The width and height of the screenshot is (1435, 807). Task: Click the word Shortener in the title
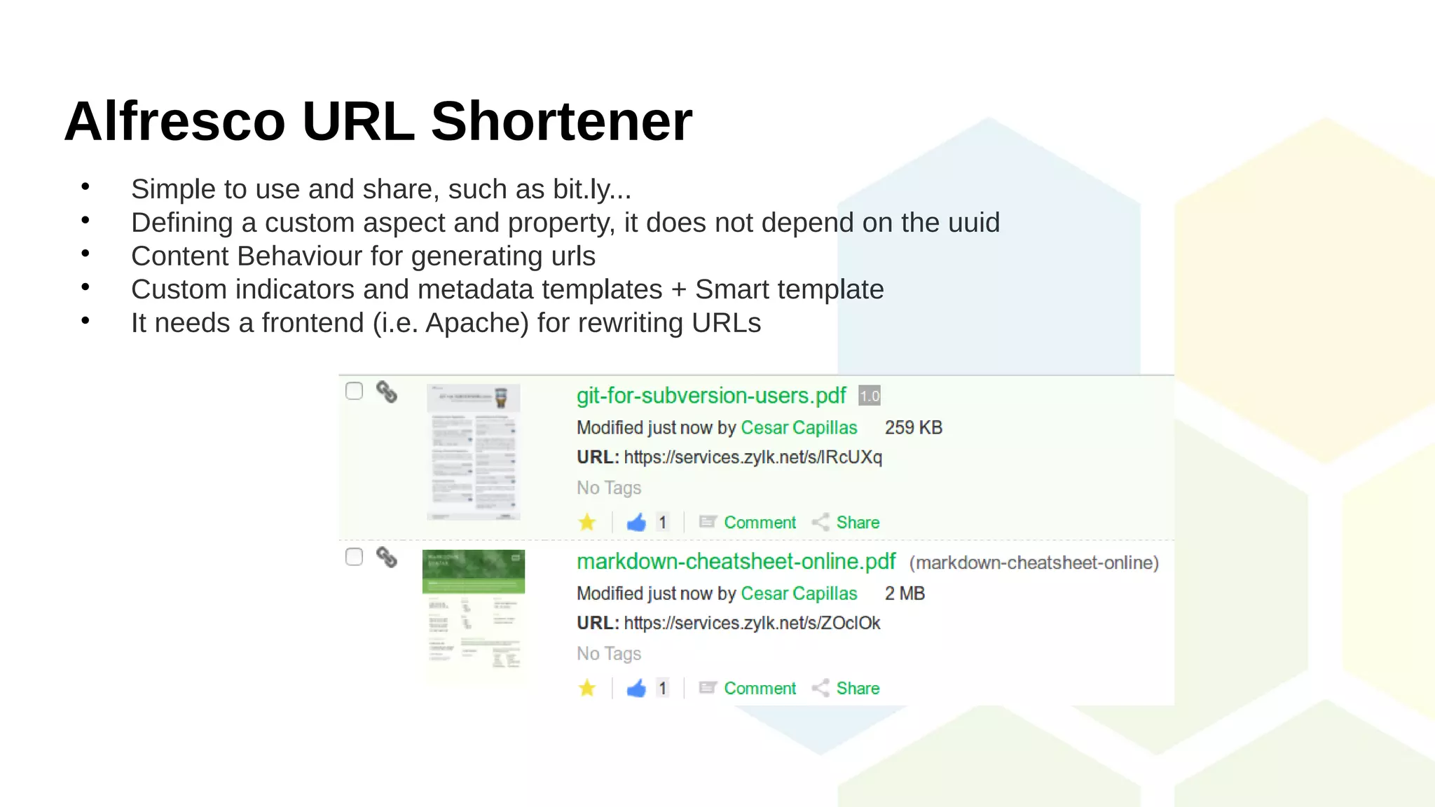point(561,121)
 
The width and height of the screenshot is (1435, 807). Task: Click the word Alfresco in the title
point(174,121)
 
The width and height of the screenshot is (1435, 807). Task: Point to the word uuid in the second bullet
point(973,223)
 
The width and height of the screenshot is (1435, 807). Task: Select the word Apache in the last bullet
point(476,323)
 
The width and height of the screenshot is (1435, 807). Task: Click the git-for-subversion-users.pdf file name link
point(711,396)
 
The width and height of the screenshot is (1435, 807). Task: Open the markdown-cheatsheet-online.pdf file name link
point(736,562)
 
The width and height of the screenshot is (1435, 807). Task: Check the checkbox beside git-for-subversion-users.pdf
point(355,391)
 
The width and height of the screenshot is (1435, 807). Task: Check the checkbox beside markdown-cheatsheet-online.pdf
point(355,557)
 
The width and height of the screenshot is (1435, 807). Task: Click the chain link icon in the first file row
point(387,392)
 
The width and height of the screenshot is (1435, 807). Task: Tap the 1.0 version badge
point(870,396)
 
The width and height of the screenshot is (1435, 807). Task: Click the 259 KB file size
point(913,427)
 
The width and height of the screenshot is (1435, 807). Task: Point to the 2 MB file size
point(905,593)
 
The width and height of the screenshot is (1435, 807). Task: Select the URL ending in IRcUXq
point(753,457)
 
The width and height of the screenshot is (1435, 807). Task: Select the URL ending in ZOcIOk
point(752,623)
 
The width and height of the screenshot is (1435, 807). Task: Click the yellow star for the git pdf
point(587,523)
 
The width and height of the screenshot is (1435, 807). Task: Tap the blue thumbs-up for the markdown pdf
point(636,689)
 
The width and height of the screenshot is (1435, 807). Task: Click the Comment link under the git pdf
point(760,523)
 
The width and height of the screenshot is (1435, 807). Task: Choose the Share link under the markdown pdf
point(858,689)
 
